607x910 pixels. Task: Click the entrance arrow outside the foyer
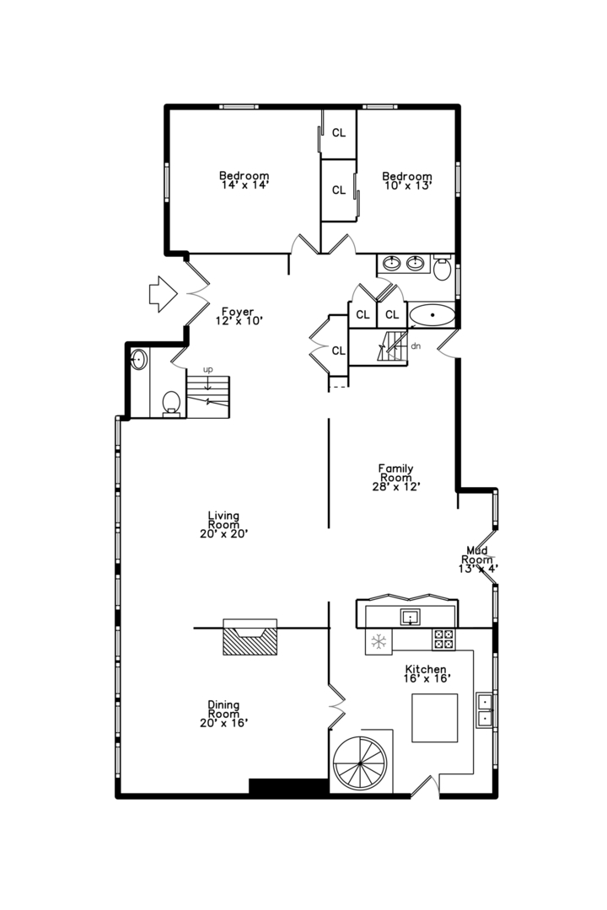point(163,294)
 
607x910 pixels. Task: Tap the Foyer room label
point(238,312)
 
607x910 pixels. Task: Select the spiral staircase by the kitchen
point(360,764)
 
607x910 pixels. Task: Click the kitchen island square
point(434,718)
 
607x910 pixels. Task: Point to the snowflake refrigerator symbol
point(379,642)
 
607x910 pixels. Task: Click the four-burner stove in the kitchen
point(443,639)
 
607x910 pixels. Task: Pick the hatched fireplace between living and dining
point(250,637)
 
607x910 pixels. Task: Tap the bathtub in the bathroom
point(432,315)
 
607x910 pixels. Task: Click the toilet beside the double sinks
point(442,268)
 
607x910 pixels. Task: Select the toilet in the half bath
point(171,403)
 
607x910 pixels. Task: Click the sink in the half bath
point(139,360)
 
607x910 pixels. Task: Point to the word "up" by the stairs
point(208,369)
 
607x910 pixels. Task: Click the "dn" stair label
point(416,346)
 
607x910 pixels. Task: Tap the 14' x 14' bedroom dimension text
point(244,185)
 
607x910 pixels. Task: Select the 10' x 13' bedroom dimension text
point(407,186)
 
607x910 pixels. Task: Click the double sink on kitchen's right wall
point(484,710)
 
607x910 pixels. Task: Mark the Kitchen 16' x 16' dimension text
point(427,678)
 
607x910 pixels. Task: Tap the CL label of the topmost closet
point(339,133)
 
